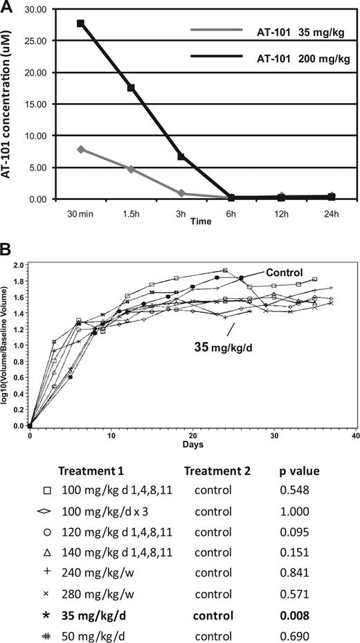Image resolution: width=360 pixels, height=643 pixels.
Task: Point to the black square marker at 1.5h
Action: coord(130,88)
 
